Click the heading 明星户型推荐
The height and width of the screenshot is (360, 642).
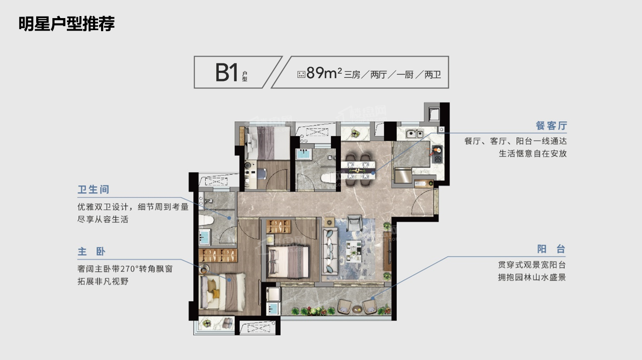pyautogui.click(x=67, y=24)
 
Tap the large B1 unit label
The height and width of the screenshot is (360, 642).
pyautogui.click(x=227, y=73)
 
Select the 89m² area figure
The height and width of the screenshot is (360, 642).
pyautogui.click(x=324, y=73)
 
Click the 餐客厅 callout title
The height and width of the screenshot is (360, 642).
pyautogui.click(x=552, y=126)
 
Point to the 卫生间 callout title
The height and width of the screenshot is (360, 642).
pyautogui.click(x=94, y=190)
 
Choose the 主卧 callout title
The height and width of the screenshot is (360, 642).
pyautogui.click(x=91, y=252)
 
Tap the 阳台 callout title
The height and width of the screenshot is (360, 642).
pyautogui.click(x=551, y=249)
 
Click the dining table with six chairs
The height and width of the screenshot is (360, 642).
pyautogui.click(x=357, y=170)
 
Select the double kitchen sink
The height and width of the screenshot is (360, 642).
pyautogui.click(x=414, y=134)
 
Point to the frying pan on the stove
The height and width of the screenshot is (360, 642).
pyautogui.click(x=436, y=150)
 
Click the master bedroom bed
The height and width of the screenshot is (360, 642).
pyautogui.click(x=222, y=292)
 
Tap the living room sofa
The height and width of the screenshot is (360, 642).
pyautogui.click(x=330, y=251)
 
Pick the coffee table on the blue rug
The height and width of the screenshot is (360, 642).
pyautogui.click(x=353, y=251)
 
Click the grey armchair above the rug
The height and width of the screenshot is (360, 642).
pyautogui.click(x=354, y=222)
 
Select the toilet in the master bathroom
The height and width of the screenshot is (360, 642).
pyautogui.click(x=206, y=220)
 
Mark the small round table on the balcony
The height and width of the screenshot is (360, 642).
pyautogui.click(x=357, y=309)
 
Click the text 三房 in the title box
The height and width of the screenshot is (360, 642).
pyautogui.click(x=352, y=75)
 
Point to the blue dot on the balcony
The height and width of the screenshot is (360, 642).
pyautogui.click(x=373, y=298)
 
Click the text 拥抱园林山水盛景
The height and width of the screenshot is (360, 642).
pyautogui.click(x=532, y=278)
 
